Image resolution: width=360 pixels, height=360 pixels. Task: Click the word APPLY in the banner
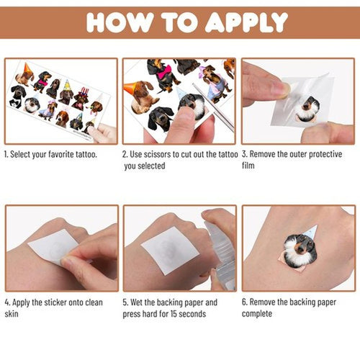(246, 22)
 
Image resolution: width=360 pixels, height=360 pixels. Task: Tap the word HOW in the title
(120, 22)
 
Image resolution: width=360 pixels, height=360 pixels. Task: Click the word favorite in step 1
(61, 154)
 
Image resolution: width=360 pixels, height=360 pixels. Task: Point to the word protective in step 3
(325, 154)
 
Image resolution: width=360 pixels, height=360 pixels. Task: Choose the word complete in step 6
(257, 314)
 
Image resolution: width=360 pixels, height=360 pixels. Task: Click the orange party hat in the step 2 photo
(131, 87)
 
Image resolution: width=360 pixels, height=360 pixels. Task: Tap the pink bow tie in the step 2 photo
(165, 71)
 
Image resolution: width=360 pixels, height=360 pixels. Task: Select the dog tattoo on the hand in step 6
(300, 248)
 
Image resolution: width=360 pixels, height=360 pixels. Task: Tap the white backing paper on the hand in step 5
(170, 250)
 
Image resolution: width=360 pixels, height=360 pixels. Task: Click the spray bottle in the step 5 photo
(220, 256)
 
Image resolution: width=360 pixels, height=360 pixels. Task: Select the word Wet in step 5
(136, 302)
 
